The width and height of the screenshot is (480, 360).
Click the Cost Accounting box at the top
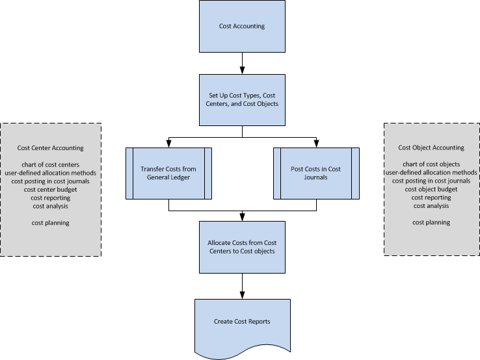(x=242, y=27)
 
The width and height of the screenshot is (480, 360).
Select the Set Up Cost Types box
(x=242, y=100)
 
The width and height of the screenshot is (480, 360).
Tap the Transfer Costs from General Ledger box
(x=168, y=174)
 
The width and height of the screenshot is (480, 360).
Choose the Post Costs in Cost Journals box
(x=315, y=174)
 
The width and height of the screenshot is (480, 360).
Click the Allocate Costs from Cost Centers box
(x=242, y=247)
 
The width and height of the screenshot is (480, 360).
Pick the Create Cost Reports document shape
(x=242, y=321)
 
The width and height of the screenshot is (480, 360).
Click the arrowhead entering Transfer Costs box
(x=168, y=144)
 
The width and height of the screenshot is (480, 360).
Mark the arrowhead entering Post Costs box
(x=315, y=144)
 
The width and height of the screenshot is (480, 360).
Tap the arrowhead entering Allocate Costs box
(x=242, y=217)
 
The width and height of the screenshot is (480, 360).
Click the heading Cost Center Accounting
(x=51, y=148)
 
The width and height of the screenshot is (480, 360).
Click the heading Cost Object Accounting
(x=431, y=148)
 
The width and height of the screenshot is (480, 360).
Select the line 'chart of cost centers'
(x=51, y=164)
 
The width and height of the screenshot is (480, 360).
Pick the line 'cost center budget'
(x=51, y=190)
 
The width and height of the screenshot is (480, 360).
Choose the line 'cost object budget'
(x=431, y=189)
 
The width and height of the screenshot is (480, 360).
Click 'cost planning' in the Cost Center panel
(x=51, y=223)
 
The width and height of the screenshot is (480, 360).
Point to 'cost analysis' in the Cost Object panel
(x=431, y=206)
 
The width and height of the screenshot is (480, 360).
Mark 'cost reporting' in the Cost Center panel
(x=51, y=198)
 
